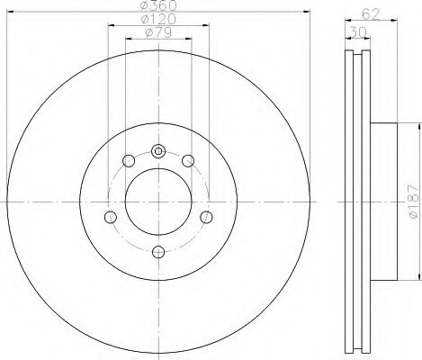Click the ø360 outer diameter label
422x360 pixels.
157,7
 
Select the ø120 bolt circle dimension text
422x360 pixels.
157,20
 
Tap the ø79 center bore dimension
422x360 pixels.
158,34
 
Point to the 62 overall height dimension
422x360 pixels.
366,13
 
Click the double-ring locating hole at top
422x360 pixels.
157,150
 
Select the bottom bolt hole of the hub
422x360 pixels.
157,250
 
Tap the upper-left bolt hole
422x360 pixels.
128,161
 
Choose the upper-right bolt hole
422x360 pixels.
187,161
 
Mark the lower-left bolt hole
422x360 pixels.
111,217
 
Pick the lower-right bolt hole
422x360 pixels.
205,217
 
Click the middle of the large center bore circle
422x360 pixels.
157,200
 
